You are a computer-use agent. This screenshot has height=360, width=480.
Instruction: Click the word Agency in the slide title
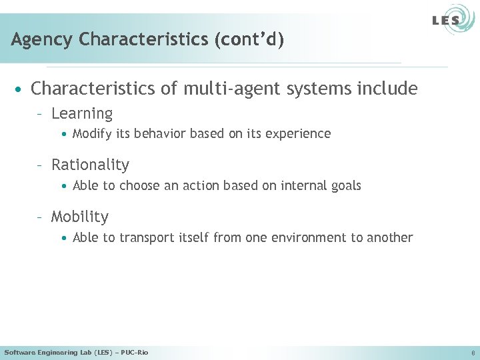click(42, 40)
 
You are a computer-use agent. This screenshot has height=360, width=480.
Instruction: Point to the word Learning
click(82, 114)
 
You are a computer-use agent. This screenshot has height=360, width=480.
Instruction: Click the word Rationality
click(90, 165)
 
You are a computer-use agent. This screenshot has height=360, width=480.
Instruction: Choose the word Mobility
click(79, 217)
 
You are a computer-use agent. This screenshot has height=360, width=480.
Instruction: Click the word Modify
click(92, 134)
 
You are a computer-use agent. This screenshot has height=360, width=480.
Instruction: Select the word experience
click(299, 134)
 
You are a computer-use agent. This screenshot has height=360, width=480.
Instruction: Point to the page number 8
click(472, 353)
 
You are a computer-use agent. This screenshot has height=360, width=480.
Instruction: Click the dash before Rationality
click(41, 165)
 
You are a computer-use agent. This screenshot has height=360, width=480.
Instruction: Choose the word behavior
click(161, 134)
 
